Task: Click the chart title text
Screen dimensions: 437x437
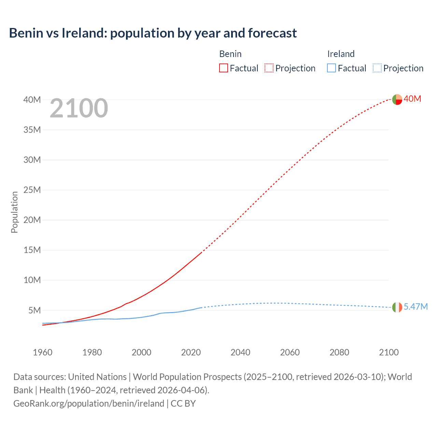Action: click(153, 33)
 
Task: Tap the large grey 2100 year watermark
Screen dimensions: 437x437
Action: click(79, 109)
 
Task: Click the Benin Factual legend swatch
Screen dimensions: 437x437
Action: click(223, 68)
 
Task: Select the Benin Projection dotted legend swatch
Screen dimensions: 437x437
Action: click(269, 68)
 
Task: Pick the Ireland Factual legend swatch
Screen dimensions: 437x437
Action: click(332, 68)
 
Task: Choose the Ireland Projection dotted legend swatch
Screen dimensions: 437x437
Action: click(377, 68)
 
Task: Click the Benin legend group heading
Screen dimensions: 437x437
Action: click(230, 54)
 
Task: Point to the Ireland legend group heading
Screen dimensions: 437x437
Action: click(341, 54)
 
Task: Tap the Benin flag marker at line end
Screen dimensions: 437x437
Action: click(397, 99)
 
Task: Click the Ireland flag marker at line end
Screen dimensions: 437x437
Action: click(397, 307)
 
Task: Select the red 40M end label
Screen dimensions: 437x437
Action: click(412, 99)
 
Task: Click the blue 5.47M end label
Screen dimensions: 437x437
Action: click(415, 307)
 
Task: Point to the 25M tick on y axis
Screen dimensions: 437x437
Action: click(32, 190)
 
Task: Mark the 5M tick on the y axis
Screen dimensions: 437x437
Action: click(34, 310)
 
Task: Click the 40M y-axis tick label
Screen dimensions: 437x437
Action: click(32, 100)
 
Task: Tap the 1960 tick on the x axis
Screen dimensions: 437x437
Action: click(43, 352)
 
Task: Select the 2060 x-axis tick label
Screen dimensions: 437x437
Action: click(290, 352)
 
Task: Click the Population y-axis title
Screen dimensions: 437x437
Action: click(14, 212)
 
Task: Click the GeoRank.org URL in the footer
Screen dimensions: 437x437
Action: click(89, 404)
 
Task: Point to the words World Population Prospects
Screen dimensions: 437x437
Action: click(187, 377)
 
